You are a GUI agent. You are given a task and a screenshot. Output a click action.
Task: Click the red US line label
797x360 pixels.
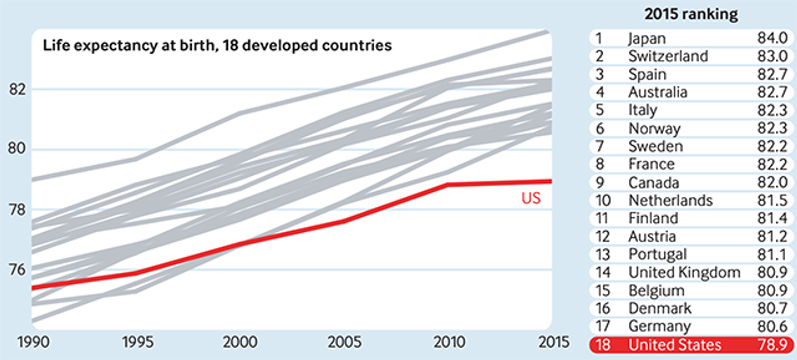tap(531, 199)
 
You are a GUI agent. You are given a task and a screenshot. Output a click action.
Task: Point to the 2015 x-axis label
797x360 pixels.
tap(552, 343)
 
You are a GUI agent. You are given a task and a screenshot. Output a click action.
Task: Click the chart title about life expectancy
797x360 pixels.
tap(217, 45)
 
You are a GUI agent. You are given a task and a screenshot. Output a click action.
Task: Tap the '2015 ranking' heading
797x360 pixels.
tap(690, 14)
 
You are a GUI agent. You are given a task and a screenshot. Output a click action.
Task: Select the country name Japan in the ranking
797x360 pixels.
tap(647, 39)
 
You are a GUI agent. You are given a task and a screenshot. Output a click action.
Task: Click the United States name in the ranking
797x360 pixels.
tap(675, 344)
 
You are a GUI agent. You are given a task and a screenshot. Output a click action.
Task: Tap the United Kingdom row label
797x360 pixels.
tap(684, 272)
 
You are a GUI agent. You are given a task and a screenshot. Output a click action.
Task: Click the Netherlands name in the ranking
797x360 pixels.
tap(670, 201)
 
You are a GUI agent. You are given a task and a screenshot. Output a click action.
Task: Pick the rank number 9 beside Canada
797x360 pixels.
tap(598, 182)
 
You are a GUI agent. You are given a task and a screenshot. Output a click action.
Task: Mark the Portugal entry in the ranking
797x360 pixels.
tap(658, 254)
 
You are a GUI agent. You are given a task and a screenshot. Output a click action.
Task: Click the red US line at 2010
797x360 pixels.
tap(446, 184)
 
